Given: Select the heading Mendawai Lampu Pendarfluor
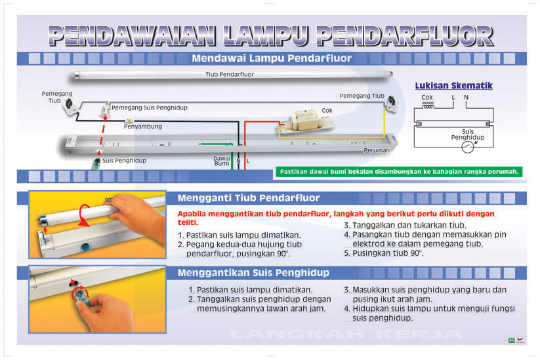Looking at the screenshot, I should tap(271, 58).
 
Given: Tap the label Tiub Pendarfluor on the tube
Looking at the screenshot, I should tap(229, 75).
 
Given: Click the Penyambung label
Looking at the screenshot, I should tap(142, 126).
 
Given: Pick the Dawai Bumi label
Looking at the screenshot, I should tap(222, 161).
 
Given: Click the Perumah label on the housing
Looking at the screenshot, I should tap(377, 150).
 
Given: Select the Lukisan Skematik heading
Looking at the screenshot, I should tap(453, 86).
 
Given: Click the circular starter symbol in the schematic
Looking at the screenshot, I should tap(468, 148).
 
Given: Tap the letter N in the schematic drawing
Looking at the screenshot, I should tap(466, 98).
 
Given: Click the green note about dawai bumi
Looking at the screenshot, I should tap(399, 172).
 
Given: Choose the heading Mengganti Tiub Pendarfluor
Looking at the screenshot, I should tap(248, 198).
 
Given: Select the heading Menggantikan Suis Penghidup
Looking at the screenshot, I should tap(253, 272).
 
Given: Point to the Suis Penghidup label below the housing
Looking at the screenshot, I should tap(124, 161).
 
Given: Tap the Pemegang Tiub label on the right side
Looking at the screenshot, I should tap(362, 96).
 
